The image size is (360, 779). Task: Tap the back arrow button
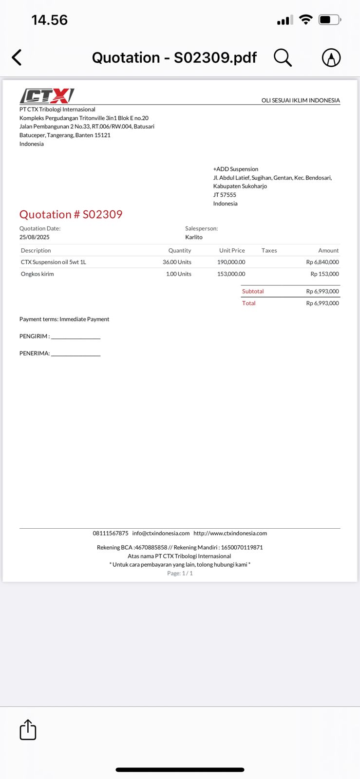(17, 57)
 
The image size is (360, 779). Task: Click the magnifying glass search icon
(283, 57)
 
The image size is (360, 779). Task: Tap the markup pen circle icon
(331, 58)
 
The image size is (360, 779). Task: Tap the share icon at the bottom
(28, 730)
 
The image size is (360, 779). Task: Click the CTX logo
(47, 95)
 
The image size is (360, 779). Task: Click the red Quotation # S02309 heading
(71, 214)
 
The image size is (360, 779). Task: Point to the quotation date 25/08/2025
(35, 237)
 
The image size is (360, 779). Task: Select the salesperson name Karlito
(194, 237)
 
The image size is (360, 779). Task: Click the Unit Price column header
(232, 250)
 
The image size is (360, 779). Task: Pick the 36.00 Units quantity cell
(177, 262)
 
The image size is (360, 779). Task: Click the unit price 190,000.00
(231, 262)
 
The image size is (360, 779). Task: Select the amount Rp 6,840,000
(322, 262)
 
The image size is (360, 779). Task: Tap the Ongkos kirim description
(38, 274)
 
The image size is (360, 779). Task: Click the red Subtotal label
(253, 291)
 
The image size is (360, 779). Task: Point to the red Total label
(249, 303)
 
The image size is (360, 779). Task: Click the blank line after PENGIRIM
(76, 337)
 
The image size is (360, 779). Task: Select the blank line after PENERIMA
(76, 354)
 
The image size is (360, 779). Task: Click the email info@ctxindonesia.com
(161, 533)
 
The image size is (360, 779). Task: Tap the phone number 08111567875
(111, 533)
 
